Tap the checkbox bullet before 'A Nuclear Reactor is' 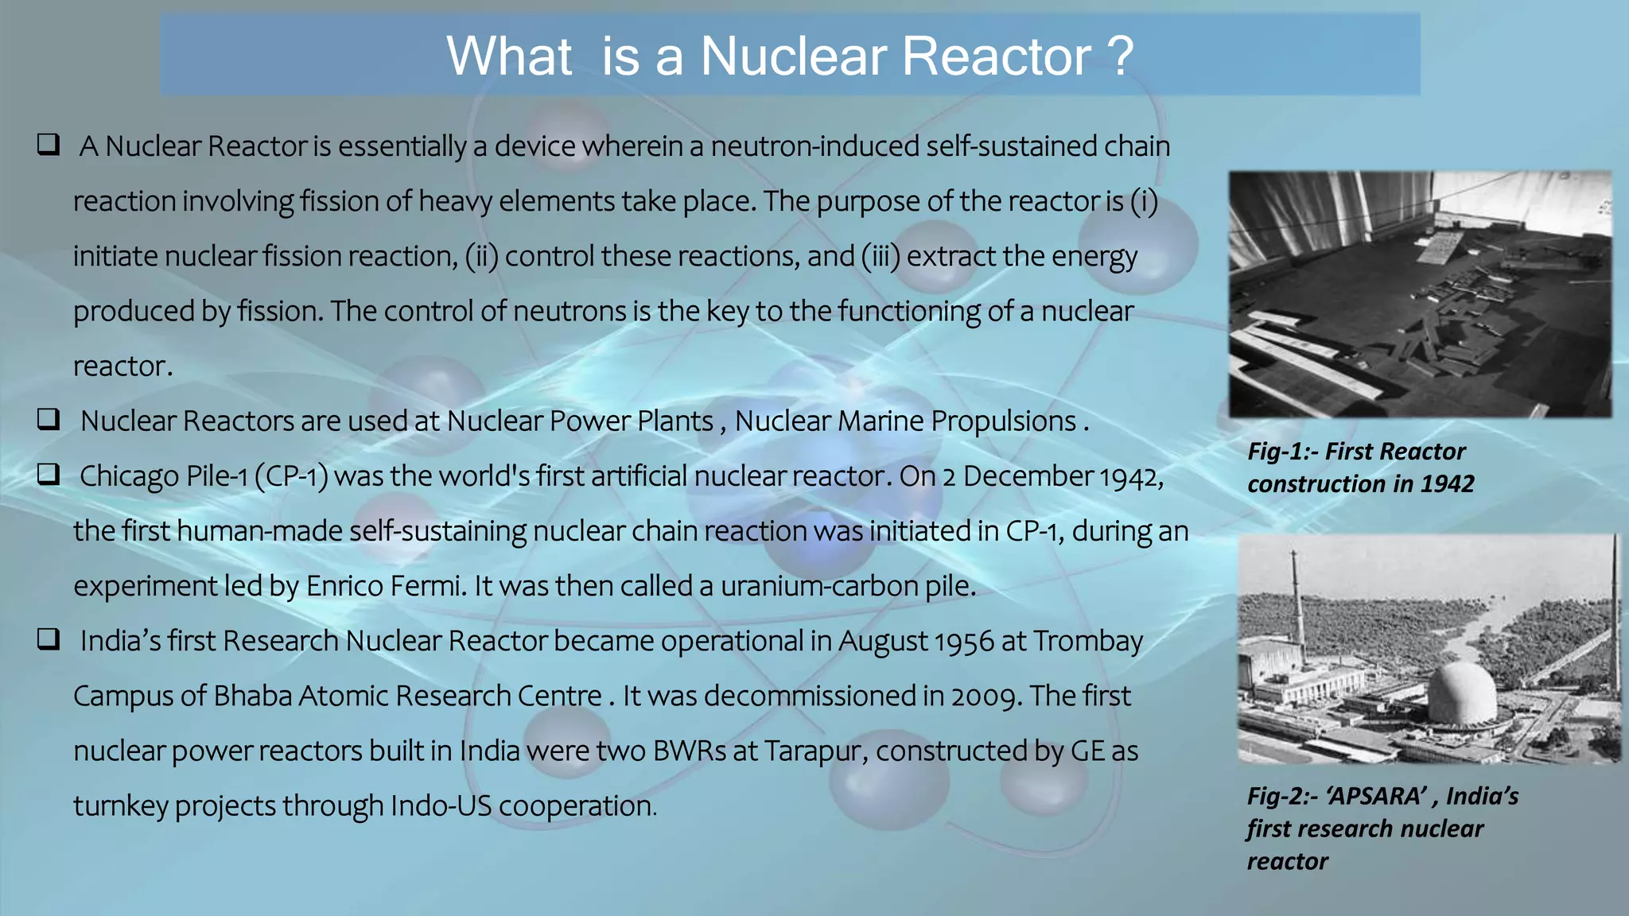[49, 145]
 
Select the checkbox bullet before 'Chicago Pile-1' [49, 475]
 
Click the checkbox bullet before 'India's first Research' [49, 639]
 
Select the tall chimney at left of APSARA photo [1297, 604]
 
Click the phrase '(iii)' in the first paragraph [881, 256]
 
